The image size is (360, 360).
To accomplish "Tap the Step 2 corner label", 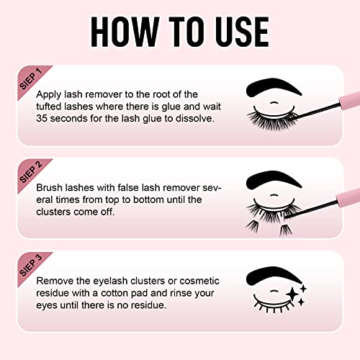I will click(x=30, y=172).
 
